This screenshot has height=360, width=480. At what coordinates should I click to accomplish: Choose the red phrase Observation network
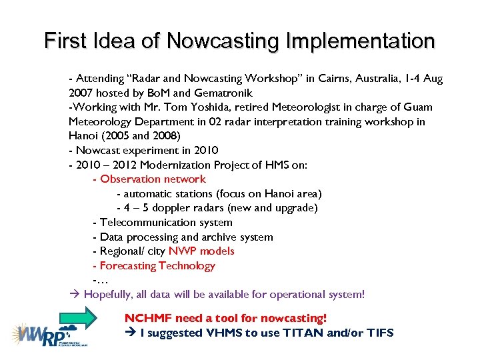[153, 179]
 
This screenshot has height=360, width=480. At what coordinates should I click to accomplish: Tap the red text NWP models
[201, 251]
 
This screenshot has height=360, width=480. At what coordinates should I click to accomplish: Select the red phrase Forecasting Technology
[157, 266]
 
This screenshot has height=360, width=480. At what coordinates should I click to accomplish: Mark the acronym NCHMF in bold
[148, 318]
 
